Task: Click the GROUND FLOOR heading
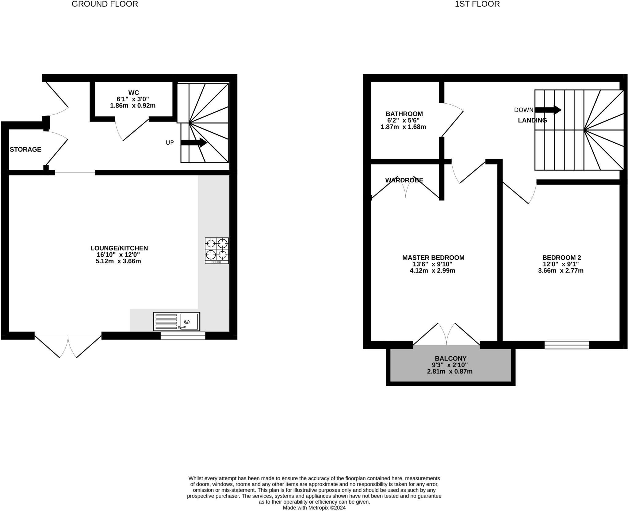(x=105, y=4)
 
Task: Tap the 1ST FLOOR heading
(x=477, y=4)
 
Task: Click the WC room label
(x=133, y=93)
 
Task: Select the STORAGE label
(x=25, y=149)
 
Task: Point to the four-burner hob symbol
(x=217, y=250)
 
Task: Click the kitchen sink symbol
(x=177, y=321)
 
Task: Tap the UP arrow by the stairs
(x=194, y=142)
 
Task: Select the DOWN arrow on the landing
(x=548, y=110)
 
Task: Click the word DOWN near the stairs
(x=524, y=110)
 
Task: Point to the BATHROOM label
(x=404, y=114)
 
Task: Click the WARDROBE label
(x=404, y=180)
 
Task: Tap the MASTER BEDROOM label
(x=433, y=258)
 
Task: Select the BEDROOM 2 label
(x=561, y=258)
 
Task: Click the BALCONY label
(x=450, y=358)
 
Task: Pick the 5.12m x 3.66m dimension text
(x=118, y=261)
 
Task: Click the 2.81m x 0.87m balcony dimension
(x=450, y=371)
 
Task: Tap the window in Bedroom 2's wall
(x=567, y=345)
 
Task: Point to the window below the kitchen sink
(x=183, y=335)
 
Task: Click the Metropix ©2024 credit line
(x=314, y=508)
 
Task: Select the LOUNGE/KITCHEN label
(x=119, y=248)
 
